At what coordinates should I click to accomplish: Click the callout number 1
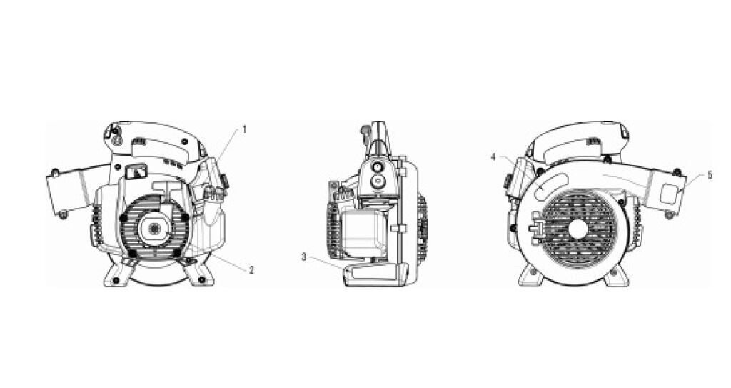tap(243, 130)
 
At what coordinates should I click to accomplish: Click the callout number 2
tap(251, 269)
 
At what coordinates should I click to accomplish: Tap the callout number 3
tap(304, 257)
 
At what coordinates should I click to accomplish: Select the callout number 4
tap(494, 157)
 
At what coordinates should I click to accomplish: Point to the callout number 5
tap(710, 175)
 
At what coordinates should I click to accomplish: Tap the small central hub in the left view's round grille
tap(154, 227)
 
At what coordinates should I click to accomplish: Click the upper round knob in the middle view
tap(377, 167)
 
